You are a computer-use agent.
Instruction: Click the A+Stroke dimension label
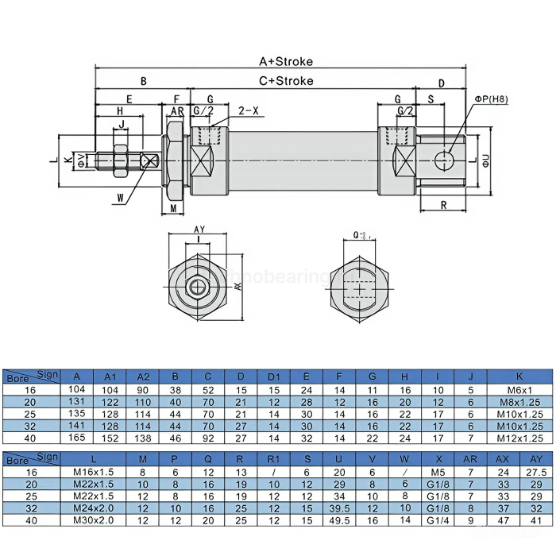click(286, 61)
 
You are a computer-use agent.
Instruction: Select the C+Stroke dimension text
click(286, 81)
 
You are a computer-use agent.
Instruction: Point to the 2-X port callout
click(249, 110)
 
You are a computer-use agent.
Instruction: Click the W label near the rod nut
click(120, 197)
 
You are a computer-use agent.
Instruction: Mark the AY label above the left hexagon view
click(199, 230)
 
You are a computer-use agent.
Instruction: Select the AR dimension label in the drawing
click(178, 110)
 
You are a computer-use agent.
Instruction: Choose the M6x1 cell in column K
click(519, 389)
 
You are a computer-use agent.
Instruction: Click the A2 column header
click(143, 376)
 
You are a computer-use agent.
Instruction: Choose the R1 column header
click(273, 458)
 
